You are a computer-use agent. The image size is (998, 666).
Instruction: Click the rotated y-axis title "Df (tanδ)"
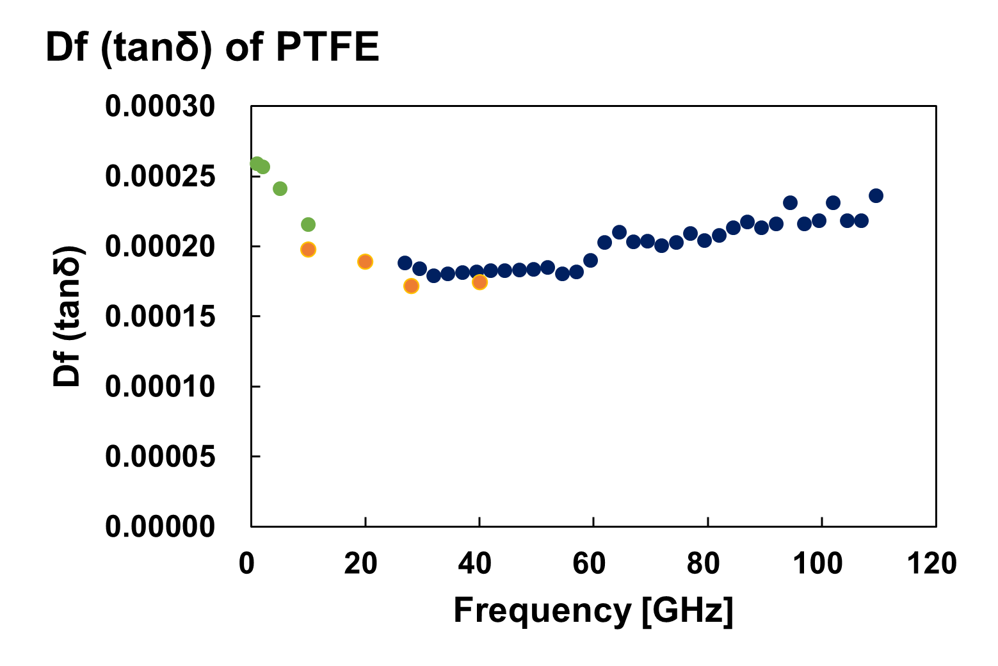68,315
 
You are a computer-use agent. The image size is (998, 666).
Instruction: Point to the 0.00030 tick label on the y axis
160,106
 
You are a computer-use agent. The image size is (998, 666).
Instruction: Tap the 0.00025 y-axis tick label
160,176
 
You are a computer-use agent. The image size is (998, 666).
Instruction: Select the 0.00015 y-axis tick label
160,316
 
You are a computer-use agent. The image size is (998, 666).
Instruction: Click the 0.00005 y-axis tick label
160,457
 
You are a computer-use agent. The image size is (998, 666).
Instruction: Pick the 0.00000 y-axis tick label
160,526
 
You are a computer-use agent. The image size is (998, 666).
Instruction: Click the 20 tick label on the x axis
360,564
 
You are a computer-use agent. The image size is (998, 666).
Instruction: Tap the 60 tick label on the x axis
589,564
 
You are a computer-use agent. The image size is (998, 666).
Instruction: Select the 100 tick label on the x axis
817,564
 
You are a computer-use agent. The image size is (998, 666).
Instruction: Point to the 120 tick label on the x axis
931,564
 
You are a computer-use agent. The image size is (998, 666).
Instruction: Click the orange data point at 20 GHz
365,261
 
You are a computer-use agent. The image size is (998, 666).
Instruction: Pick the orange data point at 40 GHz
479,282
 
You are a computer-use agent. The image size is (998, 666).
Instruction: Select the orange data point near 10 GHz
308,249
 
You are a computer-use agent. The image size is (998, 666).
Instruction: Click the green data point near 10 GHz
308,224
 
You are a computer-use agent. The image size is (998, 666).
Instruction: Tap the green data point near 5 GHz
280,188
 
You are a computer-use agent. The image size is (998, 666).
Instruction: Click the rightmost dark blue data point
876,195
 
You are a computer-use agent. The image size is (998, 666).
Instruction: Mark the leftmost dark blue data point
405,263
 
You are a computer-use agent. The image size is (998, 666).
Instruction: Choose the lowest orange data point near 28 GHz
411,286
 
